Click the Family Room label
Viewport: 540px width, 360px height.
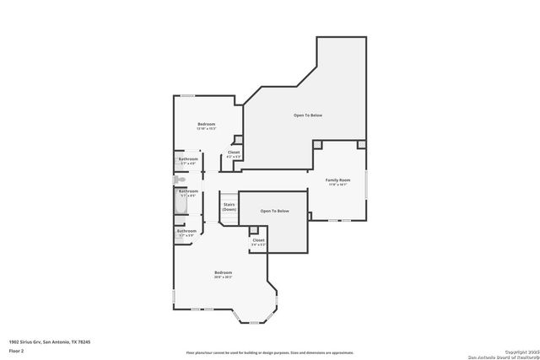pyautogui.click(x=338, y=180)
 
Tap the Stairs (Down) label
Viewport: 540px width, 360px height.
pyautogui.click(x=229, y=207)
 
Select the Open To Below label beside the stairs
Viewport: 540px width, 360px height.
pyautogui.click(x=274, y=211)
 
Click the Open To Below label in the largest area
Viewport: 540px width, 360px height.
pyautogui.click(x=307, y=115)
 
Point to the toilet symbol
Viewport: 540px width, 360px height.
pyautogui.click(x=178, y=180)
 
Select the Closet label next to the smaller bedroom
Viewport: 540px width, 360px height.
pyautogui.click(x=234, y=153)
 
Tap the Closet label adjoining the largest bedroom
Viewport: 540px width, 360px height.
pyautogui.click(x=258, y=240)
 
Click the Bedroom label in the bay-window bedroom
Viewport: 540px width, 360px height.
pyautogui.click(x=223, y=272)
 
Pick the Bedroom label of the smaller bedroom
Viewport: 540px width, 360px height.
pyautogui.click(x=207, y=124)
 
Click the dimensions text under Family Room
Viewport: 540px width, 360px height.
pyautogui.click(x=338, y=185)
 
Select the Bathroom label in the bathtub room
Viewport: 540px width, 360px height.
pyautogui.click(x=188, y=191)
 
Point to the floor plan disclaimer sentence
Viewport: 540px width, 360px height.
pyautogui.click(x=269, y=352)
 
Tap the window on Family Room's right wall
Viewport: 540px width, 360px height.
pyautogui.click(x=366, y=185)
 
